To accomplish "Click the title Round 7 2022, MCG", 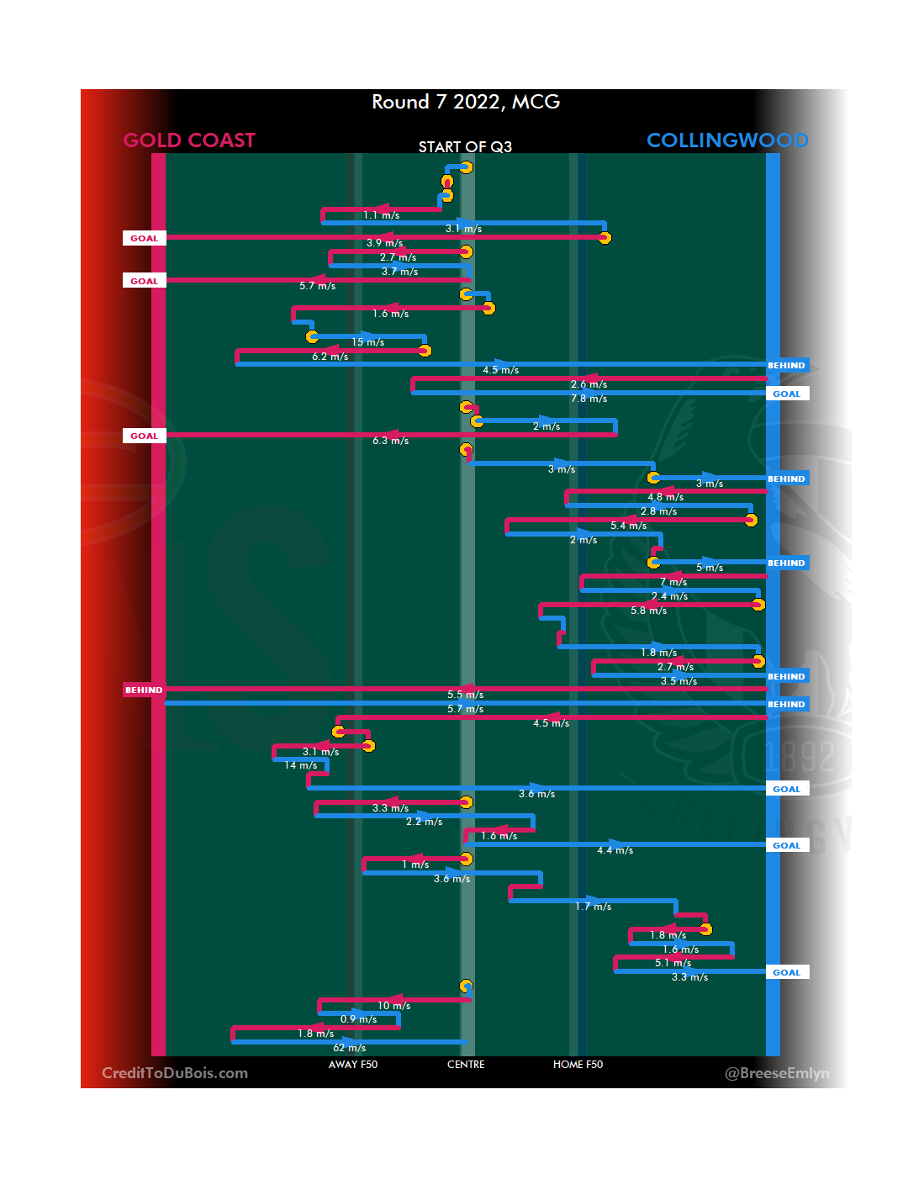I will pos(466,102).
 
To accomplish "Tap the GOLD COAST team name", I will pos(189,140).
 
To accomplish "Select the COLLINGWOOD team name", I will pos(727,140).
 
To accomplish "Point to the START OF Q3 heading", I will pos(465,147).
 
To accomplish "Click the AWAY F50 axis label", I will pos(353,1065).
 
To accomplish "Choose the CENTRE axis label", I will pos(466,1065).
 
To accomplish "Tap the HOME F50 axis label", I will pos(578,1065).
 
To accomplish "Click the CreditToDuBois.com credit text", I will pos(175,1073).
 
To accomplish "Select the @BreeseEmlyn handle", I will pos(777,1073).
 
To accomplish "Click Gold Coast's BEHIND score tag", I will pos(144,690).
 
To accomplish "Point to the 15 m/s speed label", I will pos(368,342).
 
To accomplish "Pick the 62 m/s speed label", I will pos(350,1048).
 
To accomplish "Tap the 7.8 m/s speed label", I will pos(589,399).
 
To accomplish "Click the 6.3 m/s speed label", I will pos(391,441).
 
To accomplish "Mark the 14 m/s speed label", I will pos(301,765).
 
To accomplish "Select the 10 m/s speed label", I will pos(394,1006).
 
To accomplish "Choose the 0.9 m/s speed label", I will pos(359,1019).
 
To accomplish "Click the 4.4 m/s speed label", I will pos(615,850).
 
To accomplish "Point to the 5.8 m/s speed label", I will pos(649,611).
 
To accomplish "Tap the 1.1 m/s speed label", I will pos(382,215).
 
